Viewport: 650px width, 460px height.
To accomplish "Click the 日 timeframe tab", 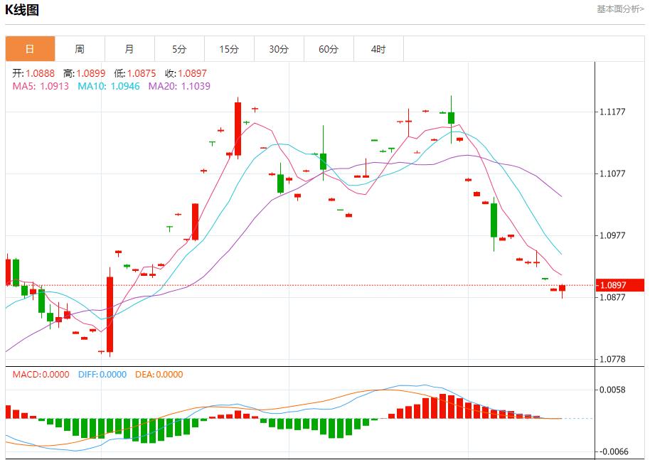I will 30,49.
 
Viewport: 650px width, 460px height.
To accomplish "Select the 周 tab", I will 80,49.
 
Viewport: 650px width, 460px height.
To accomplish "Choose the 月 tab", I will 129,49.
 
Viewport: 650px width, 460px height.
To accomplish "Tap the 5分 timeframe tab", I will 179,49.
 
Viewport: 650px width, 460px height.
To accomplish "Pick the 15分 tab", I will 229,49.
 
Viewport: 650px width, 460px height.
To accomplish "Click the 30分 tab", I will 279,49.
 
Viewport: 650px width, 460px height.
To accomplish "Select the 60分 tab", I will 329,49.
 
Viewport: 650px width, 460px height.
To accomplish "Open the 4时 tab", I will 378,49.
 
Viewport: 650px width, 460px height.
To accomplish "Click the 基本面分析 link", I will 620,9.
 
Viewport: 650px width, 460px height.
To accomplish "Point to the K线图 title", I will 22,10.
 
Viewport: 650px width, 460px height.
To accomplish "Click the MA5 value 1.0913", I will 54,86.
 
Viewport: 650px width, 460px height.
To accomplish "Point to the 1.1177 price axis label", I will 612,112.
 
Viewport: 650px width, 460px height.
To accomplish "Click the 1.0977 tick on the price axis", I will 612,235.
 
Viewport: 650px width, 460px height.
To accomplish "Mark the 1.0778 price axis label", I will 612,359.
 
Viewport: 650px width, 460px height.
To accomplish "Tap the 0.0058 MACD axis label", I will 612,390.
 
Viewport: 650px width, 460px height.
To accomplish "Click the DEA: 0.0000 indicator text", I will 159,375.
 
